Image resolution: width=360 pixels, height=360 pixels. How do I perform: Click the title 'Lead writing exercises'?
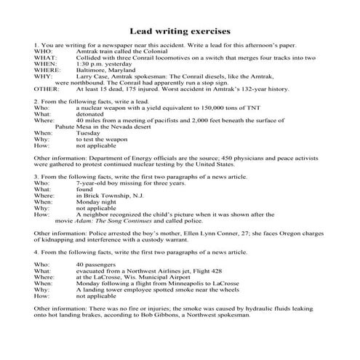tap(180, 31)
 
